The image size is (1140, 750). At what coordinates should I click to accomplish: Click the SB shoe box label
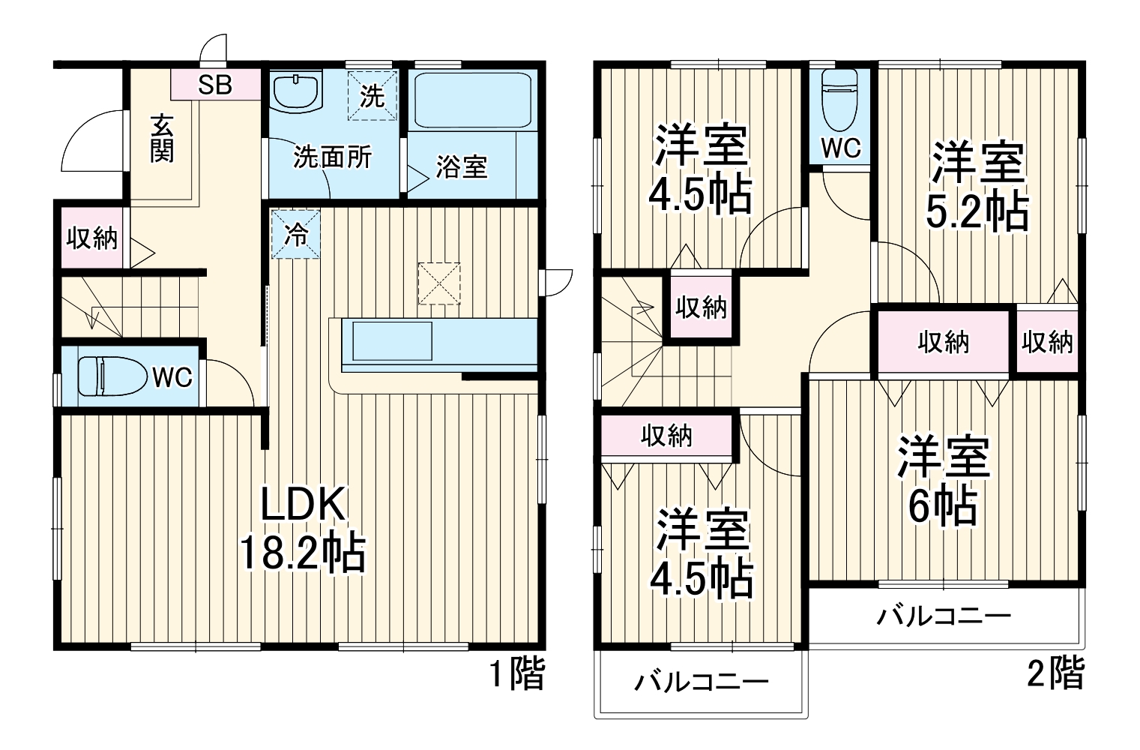215,85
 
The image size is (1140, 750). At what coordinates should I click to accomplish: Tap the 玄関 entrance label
162,138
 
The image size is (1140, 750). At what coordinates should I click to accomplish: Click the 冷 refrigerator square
295,234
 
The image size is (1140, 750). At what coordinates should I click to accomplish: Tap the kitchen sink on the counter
387,341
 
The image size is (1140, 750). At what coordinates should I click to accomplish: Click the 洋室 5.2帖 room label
977,187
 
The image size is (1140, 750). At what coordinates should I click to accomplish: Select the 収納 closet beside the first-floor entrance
91,238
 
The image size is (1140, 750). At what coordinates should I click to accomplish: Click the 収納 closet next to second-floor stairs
701,307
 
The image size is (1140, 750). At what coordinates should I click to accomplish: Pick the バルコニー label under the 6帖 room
944,616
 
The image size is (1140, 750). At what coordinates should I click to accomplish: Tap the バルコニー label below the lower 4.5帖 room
702,682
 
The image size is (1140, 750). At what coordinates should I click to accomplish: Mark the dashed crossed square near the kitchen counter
439,283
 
